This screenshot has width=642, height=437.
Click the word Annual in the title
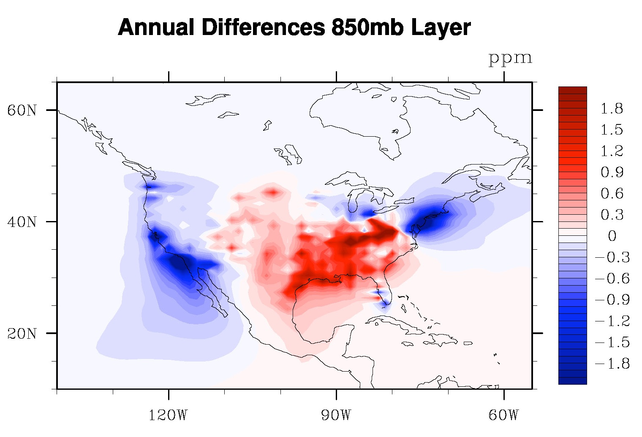tap(156, 28)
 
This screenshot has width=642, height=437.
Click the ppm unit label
tap(510, 58)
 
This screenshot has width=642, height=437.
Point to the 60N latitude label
tap(22, 111)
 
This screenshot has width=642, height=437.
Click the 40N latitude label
tap(22, 222)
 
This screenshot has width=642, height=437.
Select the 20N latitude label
tap(22, 334)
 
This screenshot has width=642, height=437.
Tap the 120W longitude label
tap(168, 415)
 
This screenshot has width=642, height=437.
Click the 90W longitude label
tap(336, 415)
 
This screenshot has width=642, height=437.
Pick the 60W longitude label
tap(503, 415)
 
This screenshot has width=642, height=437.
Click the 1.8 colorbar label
tap(612, 109)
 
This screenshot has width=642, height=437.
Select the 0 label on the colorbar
tap(612, 236)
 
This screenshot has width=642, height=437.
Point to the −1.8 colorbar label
tap(612, 364)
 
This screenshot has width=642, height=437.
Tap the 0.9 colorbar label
tap(612, 173)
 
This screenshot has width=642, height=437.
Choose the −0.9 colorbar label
tap(612, 300)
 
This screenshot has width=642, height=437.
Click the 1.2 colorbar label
tap(612, 151)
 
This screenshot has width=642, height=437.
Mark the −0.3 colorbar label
tap(612, 257)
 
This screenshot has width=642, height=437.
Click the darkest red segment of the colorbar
tap(572, 90)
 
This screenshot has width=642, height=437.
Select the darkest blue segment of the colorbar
tap(572, 380)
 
